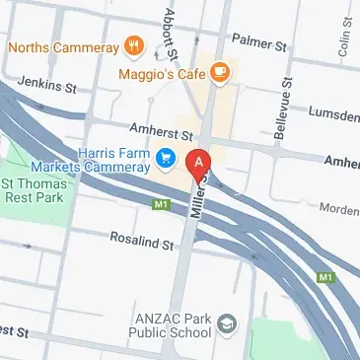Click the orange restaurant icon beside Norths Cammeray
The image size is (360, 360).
click(x=130, y=45)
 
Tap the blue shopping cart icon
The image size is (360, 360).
click(x=168, y=157)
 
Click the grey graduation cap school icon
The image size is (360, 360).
click(x=228, y=324)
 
